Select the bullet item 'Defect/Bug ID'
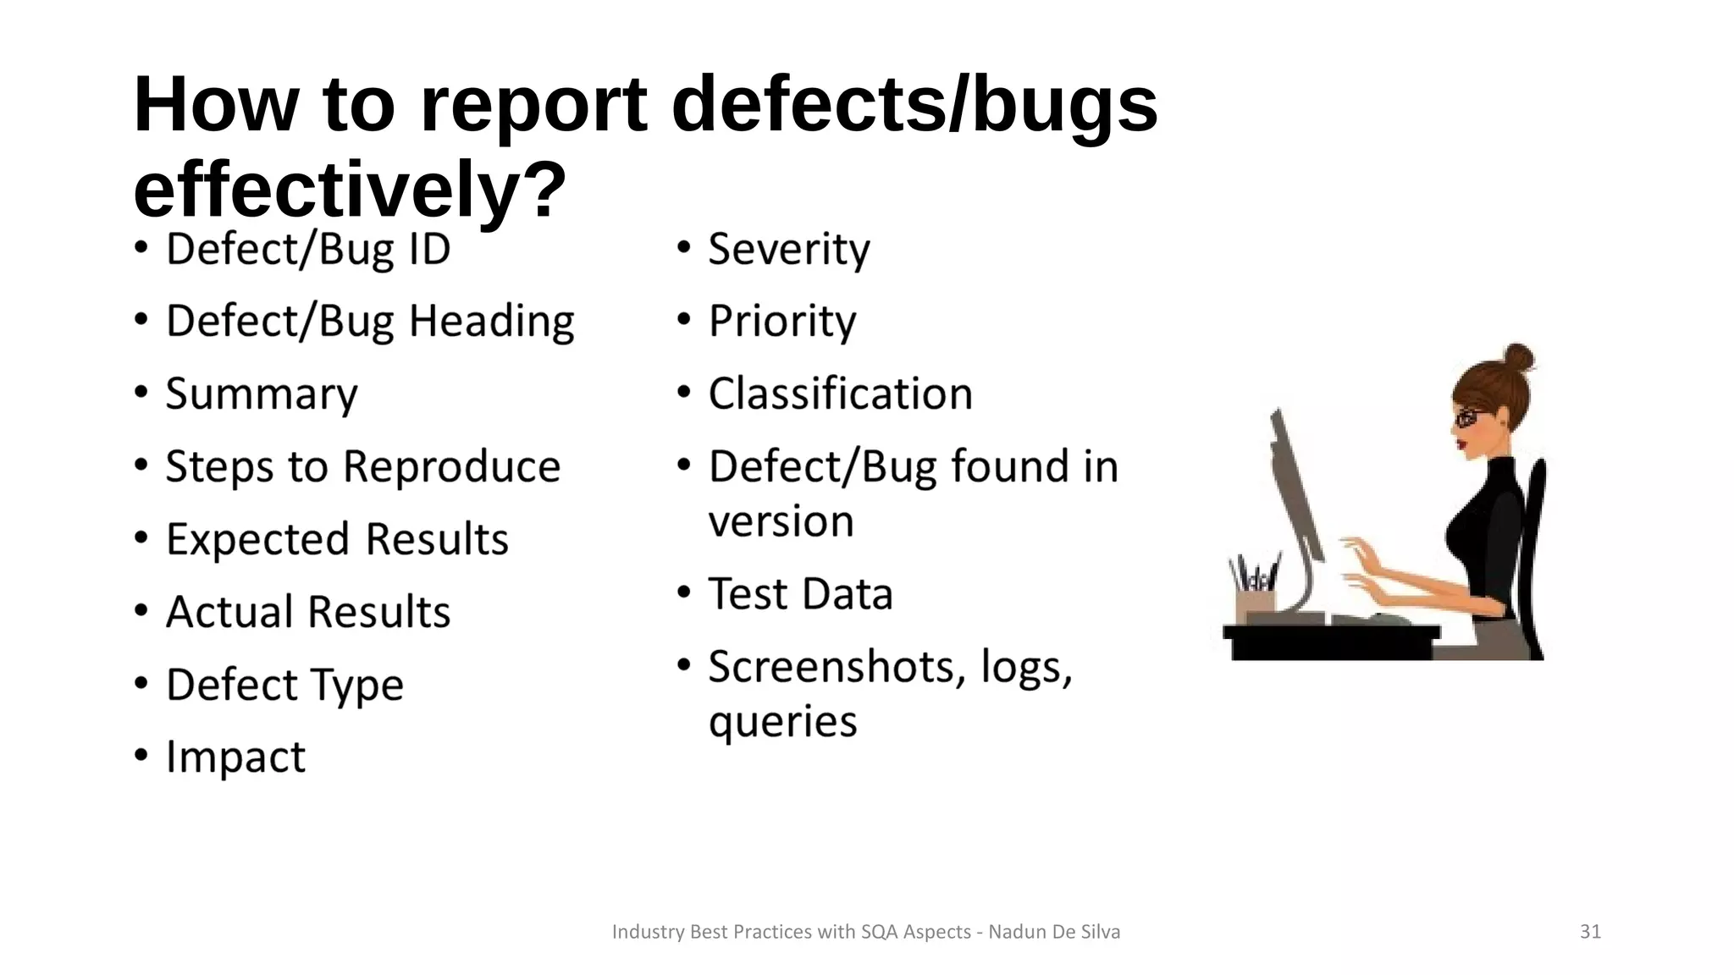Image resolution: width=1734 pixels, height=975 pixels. [x=307, y=250]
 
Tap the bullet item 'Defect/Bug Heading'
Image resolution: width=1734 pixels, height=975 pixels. [x=369, y=322]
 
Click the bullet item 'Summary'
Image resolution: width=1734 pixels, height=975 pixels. [x=261, y=395]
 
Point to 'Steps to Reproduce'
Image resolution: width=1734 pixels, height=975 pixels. [x=362, y=467]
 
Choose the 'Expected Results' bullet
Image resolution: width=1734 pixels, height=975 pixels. [x=336, y=540]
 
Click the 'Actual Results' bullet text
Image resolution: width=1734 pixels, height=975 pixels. [x=307, y=612]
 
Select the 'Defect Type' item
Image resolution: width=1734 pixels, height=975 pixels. [x=284, y=685]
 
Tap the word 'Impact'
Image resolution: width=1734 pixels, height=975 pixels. [x=235, y=757]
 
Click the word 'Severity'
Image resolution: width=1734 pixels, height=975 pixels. [x=788, y=250]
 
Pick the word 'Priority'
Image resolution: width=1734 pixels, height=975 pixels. [x=781, y=322]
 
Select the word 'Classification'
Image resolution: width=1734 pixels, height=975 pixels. [x=840, y=394]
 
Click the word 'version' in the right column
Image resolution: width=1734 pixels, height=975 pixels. [x=781, y=521]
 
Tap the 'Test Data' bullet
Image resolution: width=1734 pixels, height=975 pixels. [x=800, y=594]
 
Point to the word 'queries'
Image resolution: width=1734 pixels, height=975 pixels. [x=782, y=722]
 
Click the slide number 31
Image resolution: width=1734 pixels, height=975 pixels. [x=1590, y=932]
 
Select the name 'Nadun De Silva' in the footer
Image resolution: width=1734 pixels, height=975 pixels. [x=1054, y=932]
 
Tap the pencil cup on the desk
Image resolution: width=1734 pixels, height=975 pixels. [x=1255, y=603]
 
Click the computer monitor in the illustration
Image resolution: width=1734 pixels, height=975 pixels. [x=1295, y=491]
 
